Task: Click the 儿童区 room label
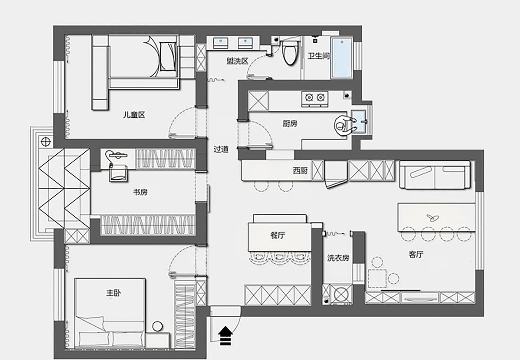[134, 114]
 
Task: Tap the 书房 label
[140, 192]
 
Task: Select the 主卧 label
[113, 293]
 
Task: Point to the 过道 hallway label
[221, 149]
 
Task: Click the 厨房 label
[290, 124]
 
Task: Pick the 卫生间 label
[319, 56]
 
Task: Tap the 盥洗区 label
[237, 61]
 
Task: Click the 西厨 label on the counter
[300, 171]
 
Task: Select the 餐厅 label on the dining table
[278, 236]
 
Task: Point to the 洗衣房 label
[338, 258]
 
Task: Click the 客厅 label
[416, 255]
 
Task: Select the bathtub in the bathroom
[341, 58]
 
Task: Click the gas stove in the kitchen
[315, 98]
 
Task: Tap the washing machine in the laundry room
[341, 293]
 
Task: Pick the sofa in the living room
[434, 175]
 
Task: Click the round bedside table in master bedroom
[157, 326]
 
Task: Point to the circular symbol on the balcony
[45, 140]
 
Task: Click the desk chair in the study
[118, 173]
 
